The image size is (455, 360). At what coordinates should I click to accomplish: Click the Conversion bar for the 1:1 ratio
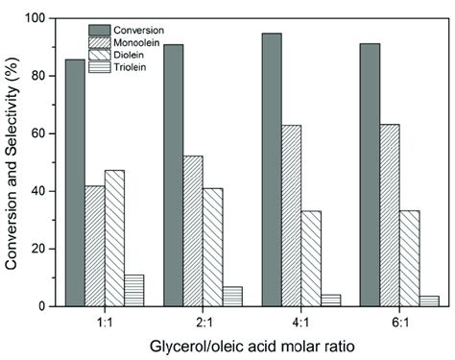[x=74, y=182]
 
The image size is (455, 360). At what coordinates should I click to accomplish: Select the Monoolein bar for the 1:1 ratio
[x=95, y=246]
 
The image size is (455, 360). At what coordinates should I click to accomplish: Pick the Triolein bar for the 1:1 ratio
[x=134, y=290]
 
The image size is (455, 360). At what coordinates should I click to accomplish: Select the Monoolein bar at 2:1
[x=193, y=230]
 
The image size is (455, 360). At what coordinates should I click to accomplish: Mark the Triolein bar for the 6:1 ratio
[x=429, y=300]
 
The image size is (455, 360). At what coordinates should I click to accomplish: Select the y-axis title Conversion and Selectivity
[x=14, y=161]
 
